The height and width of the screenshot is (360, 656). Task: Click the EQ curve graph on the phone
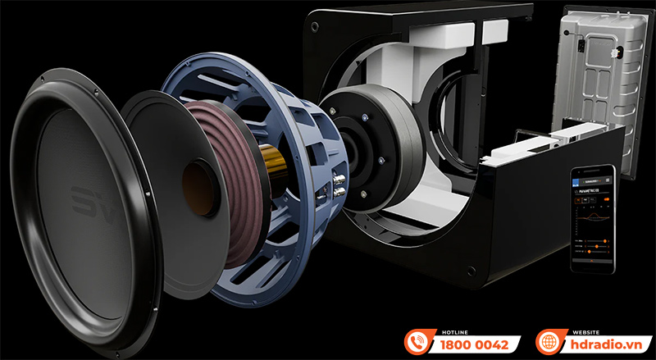pyautogui.click(x=592, y=221)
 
